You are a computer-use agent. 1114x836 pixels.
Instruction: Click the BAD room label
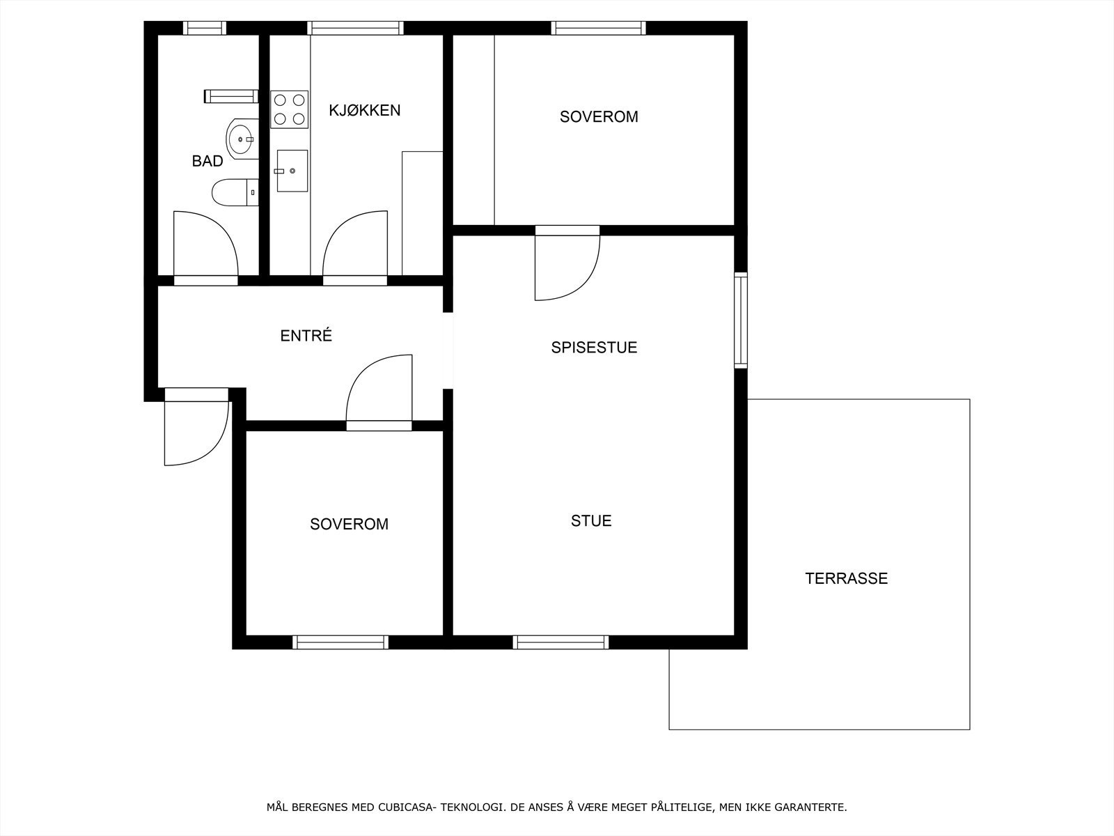(x=207, y=162)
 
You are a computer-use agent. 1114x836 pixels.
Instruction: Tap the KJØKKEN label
(x=364, y=110)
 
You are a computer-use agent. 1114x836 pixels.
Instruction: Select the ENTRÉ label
(x=306, y=336)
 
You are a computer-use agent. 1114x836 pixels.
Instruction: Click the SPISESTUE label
(x=594, y=348)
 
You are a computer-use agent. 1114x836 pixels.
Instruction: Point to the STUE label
(x=591, y=521)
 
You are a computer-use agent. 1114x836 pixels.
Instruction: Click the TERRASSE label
(x=846, y=578)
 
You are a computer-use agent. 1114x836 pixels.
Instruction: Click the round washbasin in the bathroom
(x=242, y=139)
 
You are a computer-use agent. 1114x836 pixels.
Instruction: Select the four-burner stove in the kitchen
(x=289, y=109)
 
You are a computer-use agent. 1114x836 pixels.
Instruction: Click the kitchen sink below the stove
(x=292, y=171)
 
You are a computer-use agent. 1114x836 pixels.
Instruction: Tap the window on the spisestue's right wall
(x=741, y=320)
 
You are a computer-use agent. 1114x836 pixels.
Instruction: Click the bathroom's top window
(x=205, y=28)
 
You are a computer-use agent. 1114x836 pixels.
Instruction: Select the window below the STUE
(x=560, y=642)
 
